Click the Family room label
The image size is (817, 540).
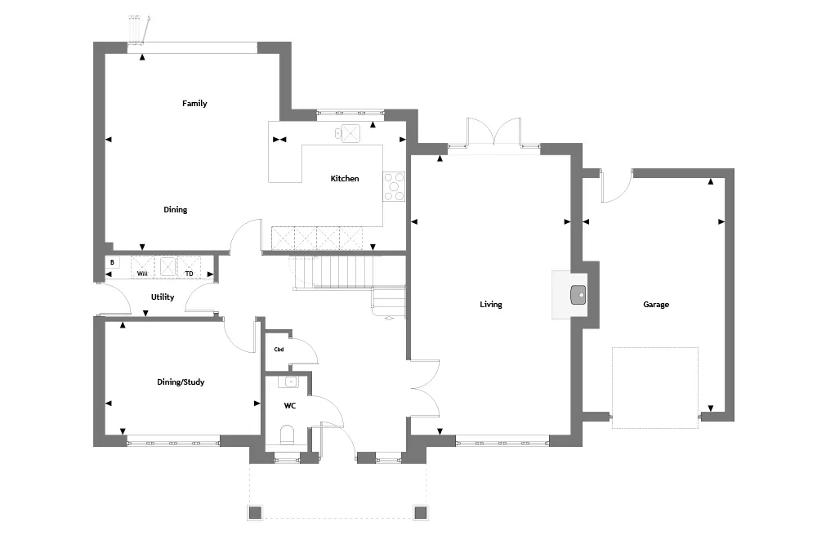pos(194,103)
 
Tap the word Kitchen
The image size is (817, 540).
pos(345,178)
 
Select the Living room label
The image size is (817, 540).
pos(491,305)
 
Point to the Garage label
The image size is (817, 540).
pos(656,305)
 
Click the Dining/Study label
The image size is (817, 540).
pos(181,382)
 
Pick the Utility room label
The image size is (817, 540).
pos(163,297)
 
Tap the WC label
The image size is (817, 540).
pos(290,405)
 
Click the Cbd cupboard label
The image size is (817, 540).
pos(279,349)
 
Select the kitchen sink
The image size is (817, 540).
pos(347,133)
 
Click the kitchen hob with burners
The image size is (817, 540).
pos(394,186)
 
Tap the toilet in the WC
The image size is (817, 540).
pos(287,435)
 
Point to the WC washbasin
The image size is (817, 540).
pos(288,382)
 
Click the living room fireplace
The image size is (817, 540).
pos(570,294)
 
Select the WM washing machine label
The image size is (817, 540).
pos(142,273)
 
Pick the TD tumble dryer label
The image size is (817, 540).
pos(190,273)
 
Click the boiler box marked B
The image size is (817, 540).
pos(113,262)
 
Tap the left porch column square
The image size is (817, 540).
pos(255,512)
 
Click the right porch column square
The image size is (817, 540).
pos(421,512)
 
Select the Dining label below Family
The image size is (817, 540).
pos(175,209)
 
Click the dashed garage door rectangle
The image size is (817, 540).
pos(655,388)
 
